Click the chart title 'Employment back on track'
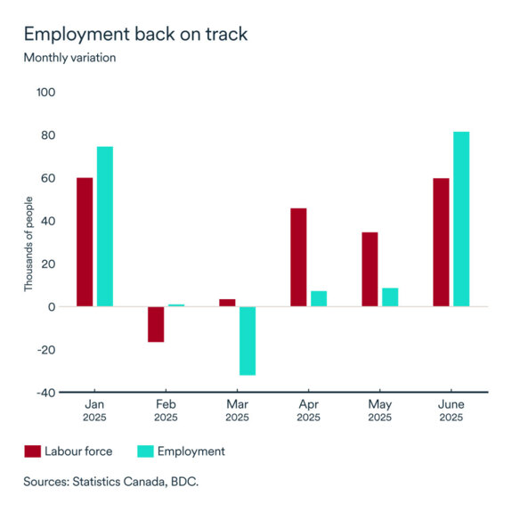pyautogui.click(x=135, y=34)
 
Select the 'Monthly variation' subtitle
pyautogui.click(x=69, y=58)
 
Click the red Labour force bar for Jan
pyautogui.click(x=85, y=242)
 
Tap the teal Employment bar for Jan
pyautogui.click(x=105, y=226)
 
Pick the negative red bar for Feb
pyautogui.click(x=156, y=324)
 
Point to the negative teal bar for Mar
pyautogui.click(x=248, y=340)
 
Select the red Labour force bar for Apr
pyautogui.click(x=298, y=257)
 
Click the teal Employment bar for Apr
pyautogui.click(x=319, y=298)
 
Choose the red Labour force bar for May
pyautogui.click(x=370, y=269)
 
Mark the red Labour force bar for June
pyautogui.click(x=441, y=242)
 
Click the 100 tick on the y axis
pyautogui.click(x=45, y=93)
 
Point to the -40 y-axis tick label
pyautogui.click(x=45, y=393)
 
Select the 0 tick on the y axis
pyautogui.click(x=52, y=307)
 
